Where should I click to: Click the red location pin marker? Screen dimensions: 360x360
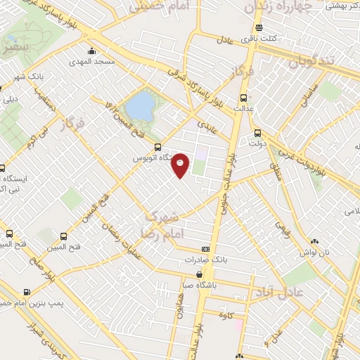tap(181, 165)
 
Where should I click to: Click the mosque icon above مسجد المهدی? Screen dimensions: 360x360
tap(92, 51)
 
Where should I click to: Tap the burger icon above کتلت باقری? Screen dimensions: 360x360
tap(259, 27)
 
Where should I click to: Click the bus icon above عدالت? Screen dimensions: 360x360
tap(244, 98)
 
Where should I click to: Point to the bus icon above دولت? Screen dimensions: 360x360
tap(257, 132)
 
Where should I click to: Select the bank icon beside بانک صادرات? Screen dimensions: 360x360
tap(205, 249)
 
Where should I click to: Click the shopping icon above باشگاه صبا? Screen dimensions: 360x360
tap(200, 274)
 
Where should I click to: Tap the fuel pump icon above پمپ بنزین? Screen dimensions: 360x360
tap(27, 292)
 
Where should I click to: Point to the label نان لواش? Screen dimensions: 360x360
tap(314, 252)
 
